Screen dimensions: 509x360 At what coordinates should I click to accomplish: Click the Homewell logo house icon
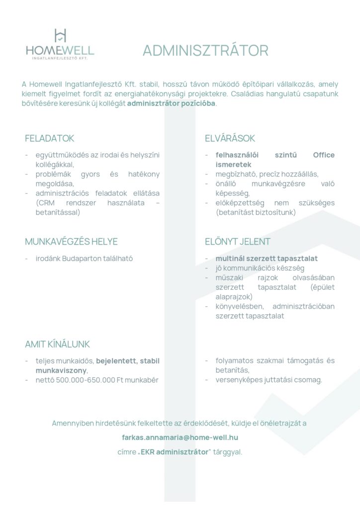pos(60,35)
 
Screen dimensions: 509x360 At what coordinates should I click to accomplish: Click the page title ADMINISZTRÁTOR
pos(205,50)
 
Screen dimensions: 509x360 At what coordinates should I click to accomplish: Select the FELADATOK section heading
pos(49,138)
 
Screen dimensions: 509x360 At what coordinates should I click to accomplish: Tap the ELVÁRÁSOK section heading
pos(230,138)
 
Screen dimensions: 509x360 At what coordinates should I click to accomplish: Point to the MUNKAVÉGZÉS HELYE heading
pos(71,242)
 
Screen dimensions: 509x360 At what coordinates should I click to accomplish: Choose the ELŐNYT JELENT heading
pos(238,242)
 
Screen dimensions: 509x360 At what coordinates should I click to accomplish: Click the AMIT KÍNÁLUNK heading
pos(57,344)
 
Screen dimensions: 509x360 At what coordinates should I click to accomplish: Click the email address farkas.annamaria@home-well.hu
pos(180,437)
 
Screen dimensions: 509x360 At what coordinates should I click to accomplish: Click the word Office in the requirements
pos(324,155)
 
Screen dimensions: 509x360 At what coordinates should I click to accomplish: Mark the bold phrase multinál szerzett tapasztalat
pos(267,258)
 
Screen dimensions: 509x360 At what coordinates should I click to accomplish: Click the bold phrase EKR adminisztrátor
pos(174,452)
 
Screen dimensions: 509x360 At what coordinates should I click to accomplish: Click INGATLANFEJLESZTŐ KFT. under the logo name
pos(60,59)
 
